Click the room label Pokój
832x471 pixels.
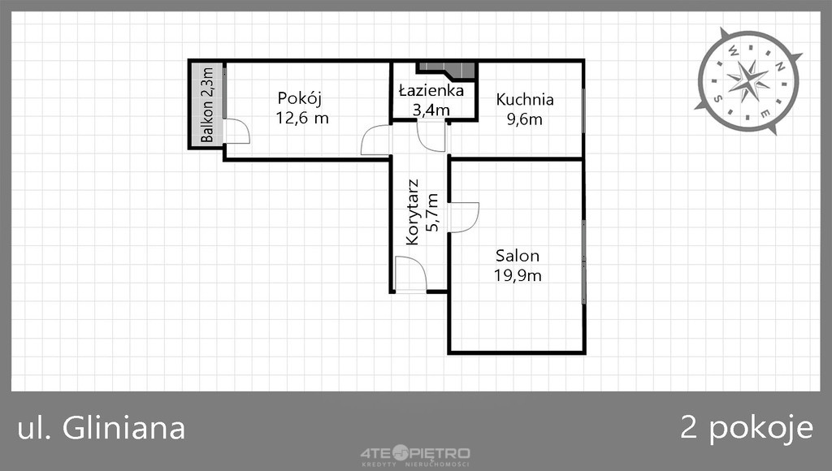click(300, 99)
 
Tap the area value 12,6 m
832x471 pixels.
click(302, 118)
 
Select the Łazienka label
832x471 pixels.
click(431, 90)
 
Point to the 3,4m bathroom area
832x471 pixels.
click(431, 110)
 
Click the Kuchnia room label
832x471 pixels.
click(525, 100)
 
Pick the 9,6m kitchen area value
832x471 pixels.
click(525, 119)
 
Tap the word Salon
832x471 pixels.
click(518, 256)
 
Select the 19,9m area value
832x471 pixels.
click(518, 276)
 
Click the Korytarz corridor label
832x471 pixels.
click(412, 212)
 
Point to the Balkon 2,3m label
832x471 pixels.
click(207, 105)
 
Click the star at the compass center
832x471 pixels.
click(748, 81)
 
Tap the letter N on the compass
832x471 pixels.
click(779, 67)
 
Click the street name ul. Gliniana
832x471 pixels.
click(102, 428)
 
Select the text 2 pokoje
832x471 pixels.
click(747, 428)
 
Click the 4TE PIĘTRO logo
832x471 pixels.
click(415, 455)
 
